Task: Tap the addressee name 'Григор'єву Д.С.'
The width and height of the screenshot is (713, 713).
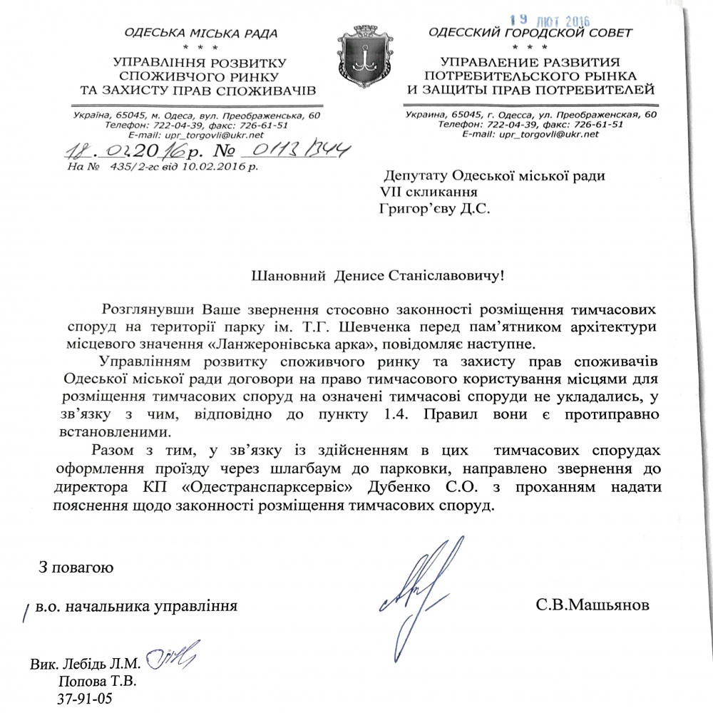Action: pos(434,208)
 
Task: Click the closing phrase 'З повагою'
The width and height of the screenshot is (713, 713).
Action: pos(76,568)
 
